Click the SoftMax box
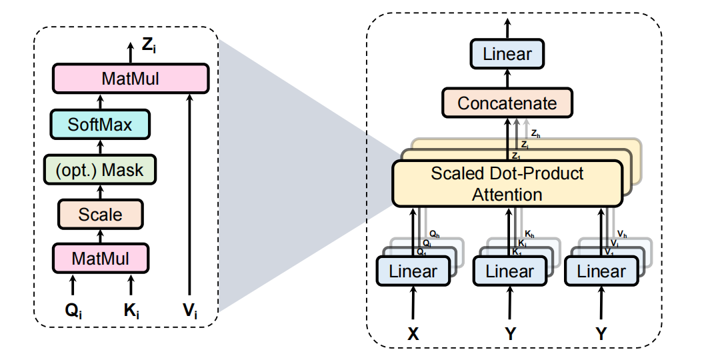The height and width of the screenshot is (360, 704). coord(100,124)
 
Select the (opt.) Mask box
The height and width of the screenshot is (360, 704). coord(100,169)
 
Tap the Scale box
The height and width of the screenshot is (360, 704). coord(100,214)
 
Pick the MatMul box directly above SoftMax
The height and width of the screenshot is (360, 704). coord(130,79)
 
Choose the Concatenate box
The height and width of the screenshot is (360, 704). coord(507,103)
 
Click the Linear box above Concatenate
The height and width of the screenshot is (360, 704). coord(508,54)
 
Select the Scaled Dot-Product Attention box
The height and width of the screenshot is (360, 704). coord(507,183)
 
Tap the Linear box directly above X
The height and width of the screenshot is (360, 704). coord(413,271)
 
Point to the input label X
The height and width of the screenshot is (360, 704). coord(413,334)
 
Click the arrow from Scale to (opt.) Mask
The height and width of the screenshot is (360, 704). coord(101,192)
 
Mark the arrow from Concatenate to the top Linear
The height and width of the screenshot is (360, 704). coord(508,79)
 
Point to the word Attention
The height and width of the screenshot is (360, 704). coord(507,195)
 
